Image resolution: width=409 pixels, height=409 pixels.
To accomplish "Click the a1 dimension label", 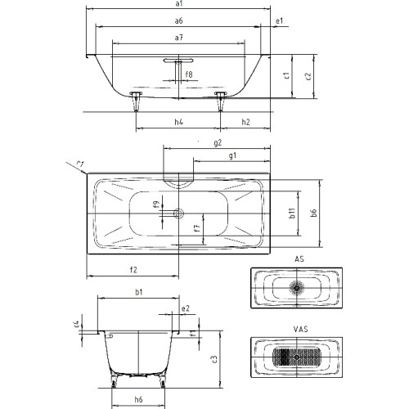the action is tap(178, 3).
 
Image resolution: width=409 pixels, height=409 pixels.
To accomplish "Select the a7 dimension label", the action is tap(178, 38).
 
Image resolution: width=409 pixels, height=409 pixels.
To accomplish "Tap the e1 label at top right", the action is tap(280, 20).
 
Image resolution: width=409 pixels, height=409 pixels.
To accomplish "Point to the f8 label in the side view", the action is tap(189, 74).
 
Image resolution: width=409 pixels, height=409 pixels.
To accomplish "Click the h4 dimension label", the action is tap(178, 122).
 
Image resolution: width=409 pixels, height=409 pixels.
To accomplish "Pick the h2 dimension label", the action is tap(245, 122).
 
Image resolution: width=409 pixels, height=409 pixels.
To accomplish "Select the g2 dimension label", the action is tap(218, 142).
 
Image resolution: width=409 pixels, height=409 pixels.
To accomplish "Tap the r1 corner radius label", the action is tap(79, 164).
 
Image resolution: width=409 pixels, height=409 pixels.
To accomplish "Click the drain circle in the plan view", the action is tap(178, 213).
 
